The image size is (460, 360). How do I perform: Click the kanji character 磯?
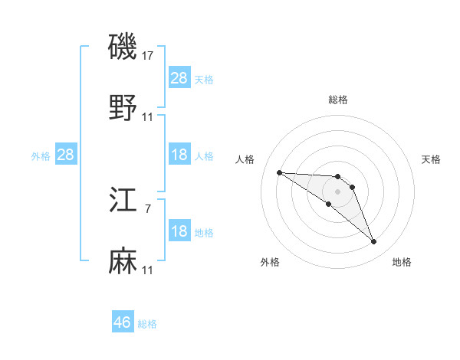pyautogui.click(x=123, y=47)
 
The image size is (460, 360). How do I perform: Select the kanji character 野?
pyautogui.click(x=123, y=109)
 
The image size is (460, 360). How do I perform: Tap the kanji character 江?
pyautogui.click(x=123, y=201)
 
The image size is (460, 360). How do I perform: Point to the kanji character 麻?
pyautogui.click(x=123, y=262)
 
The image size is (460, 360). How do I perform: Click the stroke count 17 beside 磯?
pyautogui.click(x=148, y=56)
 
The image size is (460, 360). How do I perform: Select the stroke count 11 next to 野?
pyautogui.click(x=148, y=117)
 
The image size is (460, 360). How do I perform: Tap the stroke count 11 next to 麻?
pyautogui.click(x=148, y=270)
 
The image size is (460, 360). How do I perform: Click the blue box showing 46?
pyautogui.click(x=123, y=322)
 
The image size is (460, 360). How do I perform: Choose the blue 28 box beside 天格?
pyautogui.click(x=179, y=78)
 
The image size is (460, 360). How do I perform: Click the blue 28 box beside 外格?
pyautogui.click(x=66, y=155)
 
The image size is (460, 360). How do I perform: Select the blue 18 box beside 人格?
pyautogui.click(x=179, y=155)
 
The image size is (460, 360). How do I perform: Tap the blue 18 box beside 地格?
pyautogui.click(x=179, y=231)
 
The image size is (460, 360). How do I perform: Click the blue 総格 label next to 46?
pyautogui.click(x=147, y=324)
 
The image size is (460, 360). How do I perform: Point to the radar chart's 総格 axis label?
pyautogui.click(x=337, y=100)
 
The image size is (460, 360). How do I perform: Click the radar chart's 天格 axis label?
pyautogui.click(x=431, y=159)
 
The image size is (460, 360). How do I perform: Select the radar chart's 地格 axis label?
pyautogui.click(x=402, y=262)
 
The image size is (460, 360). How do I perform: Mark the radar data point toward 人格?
pyautogui.click(x=279, y=172)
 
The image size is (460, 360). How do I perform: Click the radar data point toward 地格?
pyautogui.click(x=374, y=242)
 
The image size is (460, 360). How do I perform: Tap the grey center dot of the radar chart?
pyautogui.click(x=337, y=191)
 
